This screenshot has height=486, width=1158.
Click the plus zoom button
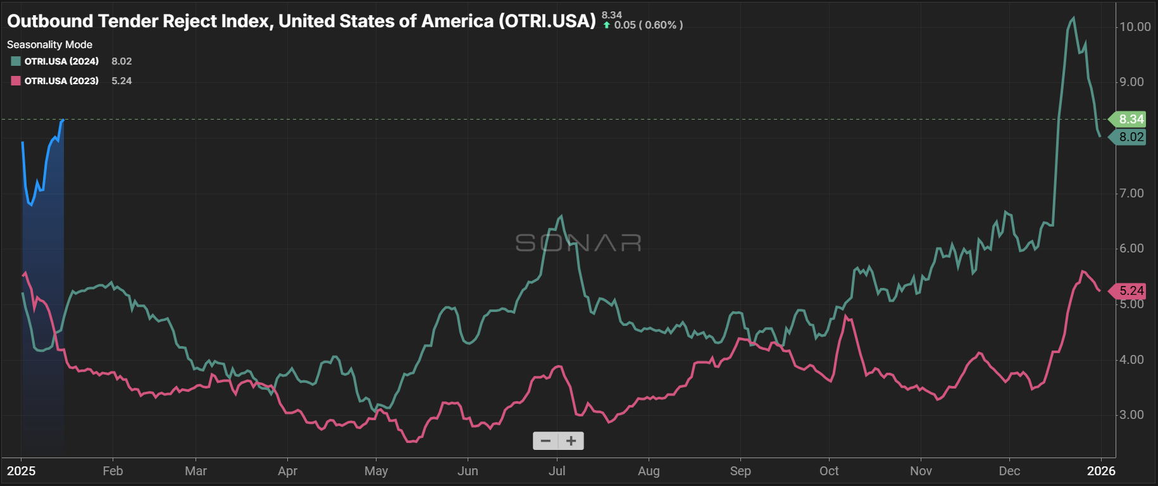point(571,441)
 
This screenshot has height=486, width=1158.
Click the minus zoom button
point(545,441)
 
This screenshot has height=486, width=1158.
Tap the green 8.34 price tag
point(1130,119)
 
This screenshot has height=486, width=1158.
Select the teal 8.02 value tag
point(1130,137)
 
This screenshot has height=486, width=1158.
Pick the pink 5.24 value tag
point(1130,290)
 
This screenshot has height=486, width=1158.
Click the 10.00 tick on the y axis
point(1135,27)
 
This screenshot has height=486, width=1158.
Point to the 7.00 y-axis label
point(1131,193)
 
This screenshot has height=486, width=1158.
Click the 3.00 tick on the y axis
point(1131,414)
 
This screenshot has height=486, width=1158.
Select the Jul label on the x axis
point(557,471)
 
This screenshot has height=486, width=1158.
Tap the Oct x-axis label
point(829,471)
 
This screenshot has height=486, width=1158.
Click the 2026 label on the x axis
point(1101,471)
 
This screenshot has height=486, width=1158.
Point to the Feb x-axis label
point(113,471)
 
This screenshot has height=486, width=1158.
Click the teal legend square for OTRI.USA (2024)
point(16,61)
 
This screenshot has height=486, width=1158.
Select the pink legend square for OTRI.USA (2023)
point(16,81)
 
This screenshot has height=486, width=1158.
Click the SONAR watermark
point(578,243)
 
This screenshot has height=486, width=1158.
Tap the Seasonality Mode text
point(49,44)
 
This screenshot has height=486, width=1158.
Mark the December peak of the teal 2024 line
point(1073,18)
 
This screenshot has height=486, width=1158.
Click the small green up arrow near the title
point(607,25)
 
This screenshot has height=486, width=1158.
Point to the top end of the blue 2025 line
point(62,120)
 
